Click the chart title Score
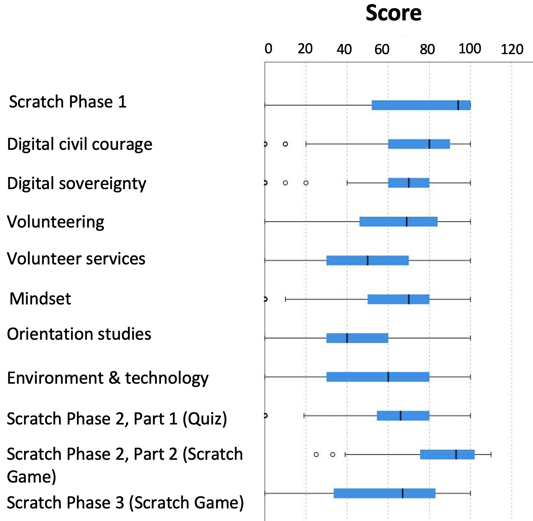393,13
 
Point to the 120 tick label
512,50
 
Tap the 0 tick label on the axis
268,49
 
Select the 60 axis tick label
382,50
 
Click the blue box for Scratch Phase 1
421,105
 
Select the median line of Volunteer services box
368,260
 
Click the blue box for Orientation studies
357,338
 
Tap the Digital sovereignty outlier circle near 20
306,183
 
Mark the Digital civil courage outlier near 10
285,144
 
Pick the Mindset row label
40,299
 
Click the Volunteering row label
56,222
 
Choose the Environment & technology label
108,379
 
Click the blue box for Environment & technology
378,377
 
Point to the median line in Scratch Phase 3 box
402,494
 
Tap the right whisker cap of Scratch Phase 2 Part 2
491,455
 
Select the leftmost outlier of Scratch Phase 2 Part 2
316,455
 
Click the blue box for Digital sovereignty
409,183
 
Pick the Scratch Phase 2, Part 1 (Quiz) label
117,419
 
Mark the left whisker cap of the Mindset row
285,299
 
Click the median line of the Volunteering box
407,222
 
